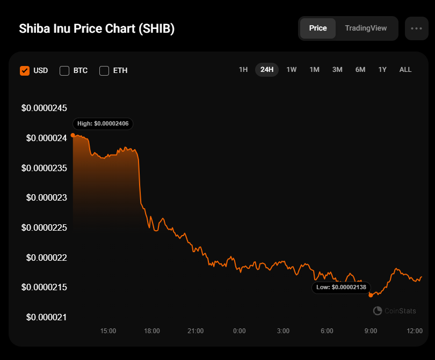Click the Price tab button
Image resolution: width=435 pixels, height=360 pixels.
318,28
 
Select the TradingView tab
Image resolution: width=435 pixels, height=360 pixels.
366,28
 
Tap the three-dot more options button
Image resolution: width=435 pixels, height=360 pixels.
416,28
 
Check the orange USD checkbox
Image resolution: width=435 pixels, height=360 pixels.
25,71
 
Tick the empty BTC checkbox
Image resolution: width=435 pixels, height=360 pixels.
64,71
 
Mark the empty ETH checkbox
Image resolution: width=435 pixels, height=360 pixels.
104,71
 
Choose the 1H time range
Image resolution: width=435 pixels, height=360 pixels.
243,70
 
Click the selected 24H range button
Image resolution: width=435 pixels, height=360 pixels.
267,70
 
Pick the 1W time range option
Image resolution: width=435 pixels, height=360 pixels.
291,70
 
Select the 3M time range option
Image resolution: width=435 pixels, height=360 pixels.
337,70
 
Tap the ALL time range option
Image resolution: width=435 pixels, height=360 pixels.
405,70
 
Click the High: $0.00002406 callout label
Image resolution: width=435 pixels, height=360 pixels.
103,123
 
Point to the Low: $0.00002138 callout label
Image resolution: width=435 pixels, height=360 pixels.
341,288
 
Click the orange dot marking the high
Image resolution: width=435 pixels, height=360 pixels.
73,135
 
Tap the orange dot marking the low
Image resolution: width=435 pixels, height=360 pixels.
371,296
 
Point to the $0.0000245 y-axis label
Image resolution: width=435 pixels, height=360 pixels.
44,108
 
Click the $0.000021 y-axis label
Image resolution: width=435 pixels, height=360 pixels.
47,317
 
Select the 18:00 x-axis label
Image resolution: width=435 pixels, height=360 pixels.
152,331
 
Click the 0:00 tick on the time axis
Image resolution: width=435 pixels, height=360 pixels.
240,331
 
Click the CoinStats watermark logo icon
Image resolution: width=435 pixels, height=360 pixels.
378,311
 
